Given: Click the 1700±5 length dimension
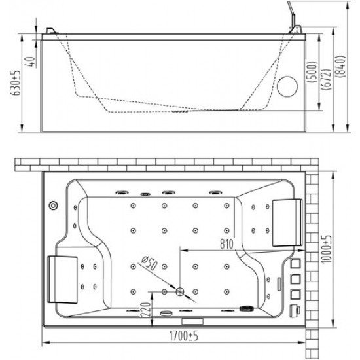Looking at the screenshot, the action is pos(183,336).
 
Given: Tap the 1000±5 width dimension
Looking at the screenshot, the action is pos(326,249).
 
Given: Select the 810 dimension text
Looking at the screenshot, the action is pos(226,244).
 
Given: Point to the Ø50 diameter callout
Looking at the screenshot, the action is pos(149,262).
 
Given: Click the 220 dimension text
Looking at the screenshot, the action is pos(145,310).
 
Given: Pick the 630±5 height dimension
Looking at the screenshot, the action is pos(16,82).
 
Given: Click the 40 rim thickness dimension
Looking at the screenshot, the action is pos(31,62).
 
